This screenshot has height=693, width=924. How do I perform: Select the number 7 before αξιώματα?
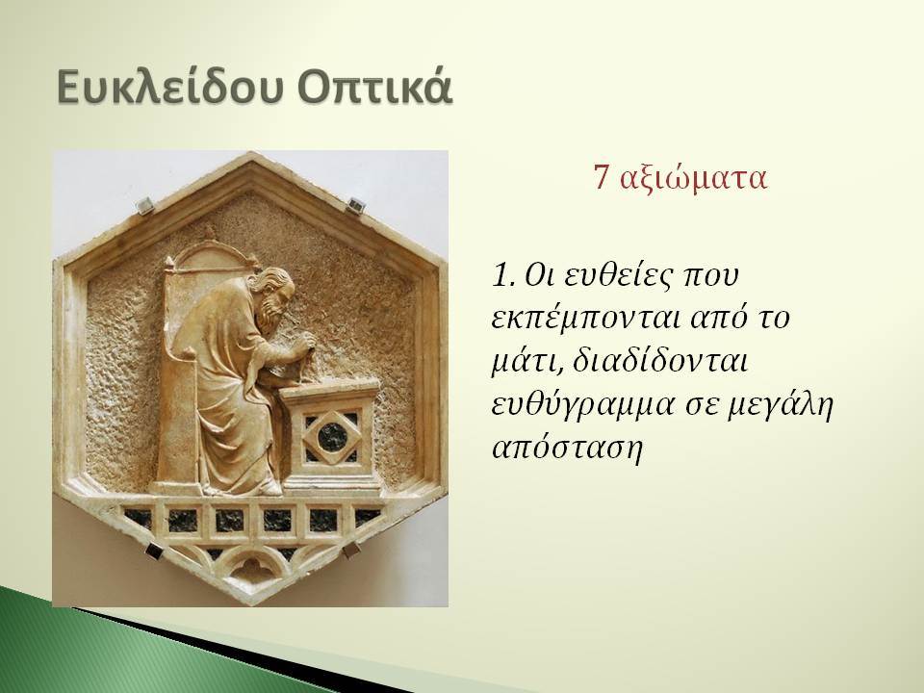(601, 176)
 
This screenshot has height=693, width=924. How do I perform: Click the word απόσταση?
(567, 449)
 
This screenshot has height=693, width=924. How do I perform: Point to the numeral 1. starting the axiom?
(502, 275)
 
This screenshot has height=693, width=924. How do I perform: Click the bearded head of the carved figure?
(272, 295)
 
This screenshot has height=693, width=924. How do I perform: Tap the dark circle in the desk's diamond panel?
(333, 437)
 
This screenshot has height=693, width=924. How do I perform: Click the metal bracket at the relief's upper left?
(144, 206)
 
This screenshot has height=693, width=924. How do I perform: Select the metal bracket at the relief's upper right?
(355, 205)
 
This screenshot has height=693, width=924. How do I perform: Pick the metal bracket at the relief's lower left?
(154, 550)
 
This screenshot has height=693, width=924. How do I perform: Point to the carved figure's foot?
(269, 488)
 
